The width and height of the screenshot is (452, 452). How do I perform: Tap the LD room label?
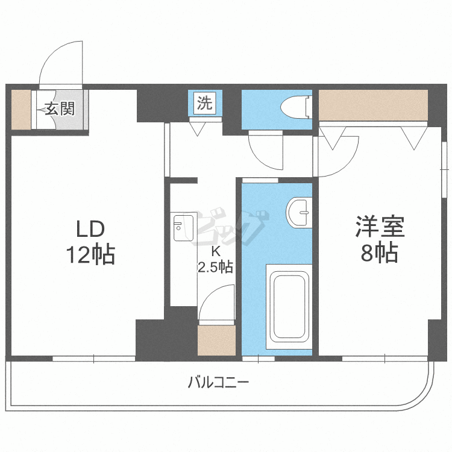(x=90, y=229)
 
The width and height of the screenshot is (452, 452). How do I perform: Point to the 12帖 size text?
(x=90, y=256)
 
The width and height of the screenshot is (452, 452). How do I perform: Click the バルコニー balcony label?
(x=218, y=382)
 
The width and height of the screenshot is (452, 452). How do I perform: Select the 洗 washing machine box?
(x=206, y=103)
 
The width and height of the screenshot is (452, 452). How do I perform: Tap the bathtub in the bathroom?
(x=290, y=306)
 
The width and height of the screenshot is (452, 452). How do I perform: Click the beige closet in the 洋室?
(x=372, y=105)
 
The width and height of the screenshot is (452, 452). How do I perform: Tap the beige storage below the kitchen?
(x=216, y=341)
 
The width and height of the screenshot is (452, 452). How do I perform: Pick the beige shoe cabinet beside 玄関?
(x=21, y=110)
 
